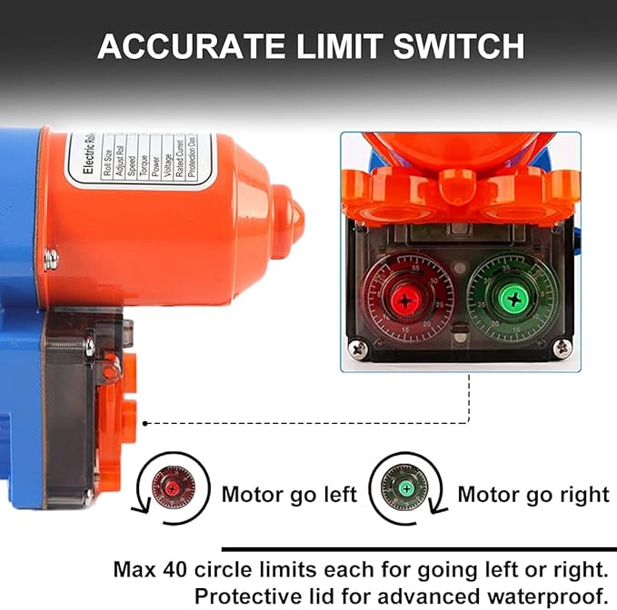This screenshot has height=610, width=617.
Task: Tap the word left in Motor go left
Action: tap(335, 495)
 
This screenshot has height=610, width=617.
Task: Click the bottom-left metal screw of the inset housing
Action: tap(355, 346)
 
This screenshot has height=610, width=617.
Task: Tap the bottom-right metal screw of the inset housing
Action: tap(563, 347)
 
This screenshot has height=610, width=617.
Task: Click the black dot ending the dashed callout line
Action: tap(146, 422)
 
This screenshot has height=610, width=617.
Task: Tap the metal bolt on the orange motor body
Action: tap(51, 261)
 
